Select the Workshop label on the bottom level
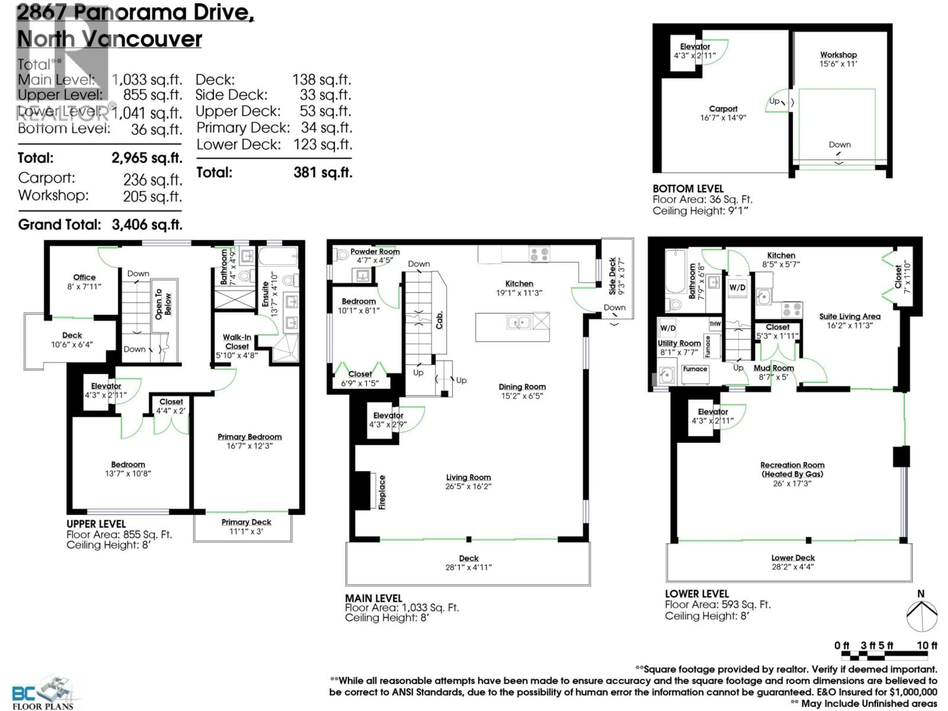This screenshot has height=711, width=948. (838, 55)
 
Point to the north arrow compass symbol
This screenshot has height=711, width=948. (921, 616)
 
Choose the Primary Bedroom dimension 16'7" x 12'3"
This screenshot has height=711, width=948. (249, 446)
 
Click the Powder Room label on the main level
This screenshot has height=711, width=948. (375, 252)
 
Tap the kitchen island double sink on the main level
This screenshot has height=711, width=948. (519, 322)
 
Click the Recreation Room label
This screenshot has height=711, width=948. (792, 465)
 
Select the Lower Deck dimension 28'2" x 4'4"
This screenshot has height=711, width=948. (793, 567)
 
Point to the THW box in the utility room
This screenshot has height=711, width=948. (715, 324)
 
